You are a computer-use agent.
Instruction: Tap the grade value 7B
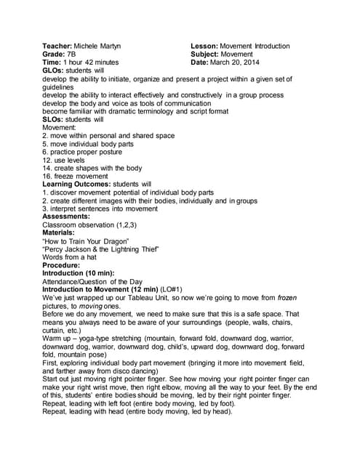pos(71,54)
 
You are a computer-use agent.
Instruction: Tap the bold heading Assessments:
pos(66,217)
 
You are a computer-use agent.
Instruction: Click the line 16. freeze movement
pos(77,176)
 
